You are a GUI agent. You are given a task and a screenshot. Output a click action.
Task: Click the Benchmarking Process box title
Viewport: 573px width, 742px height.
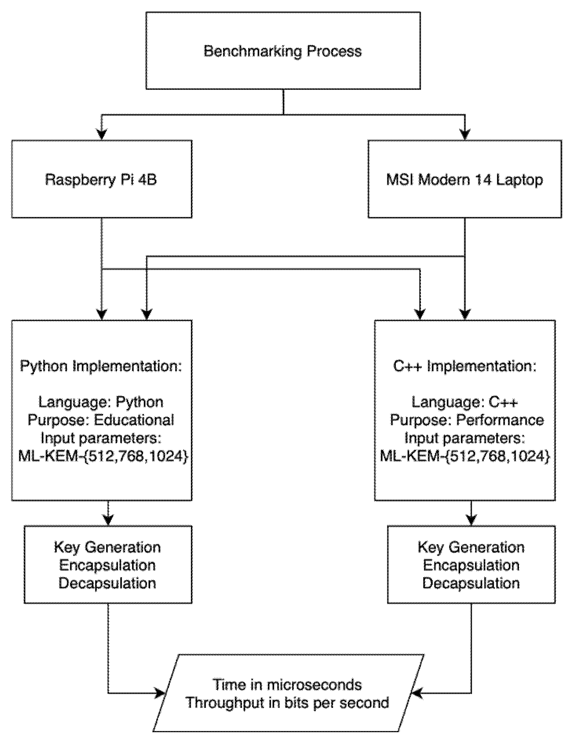click(x=283, y=51)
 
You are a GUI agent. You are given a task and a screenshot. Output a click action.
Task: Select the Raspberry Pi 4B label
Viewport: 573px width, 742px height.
click(x=101, y=180)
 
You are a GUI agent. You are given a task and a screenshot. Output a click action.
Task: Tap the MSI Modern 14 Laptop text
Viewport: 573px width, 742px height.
click(x=465, y=180)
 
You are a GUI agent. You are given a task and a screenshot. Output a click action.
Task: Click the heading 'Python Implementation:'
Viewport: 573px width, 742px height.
click(x=101, y=366)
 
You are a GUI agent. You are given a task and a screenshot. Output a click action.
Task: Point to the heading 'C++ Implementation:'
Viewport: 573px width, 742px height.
click(x=465, y=366)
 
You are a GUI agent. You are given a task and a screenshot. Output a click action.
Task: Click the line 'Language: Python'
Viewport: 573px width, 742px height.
click(x=101, y=402)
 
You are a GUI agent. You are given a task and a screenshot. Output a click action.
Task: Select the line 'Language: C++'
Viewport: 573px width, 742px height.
click(x=465, y=402)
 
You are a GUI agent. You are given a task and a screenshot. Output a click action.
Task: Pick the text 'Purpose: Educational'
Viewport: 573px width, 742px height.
click(x=101, y=420)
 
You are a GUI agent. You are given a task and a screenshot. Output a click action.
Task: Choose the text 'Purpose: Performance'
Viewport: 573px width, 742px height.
click(x=467, y=420)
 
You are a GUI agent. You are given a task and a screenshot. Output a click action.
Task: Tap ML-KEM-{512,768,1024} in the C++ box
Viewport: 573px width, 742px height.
click(x=465, y=456)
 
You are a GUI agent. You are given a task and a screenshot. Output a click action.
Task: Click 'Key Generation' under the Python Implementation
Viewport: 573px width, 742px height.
click(x=108, y=547)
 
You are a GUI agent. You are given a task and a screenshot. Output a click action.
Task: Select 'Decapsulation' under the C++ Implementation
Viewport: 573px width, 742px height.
click(x=471, y=583)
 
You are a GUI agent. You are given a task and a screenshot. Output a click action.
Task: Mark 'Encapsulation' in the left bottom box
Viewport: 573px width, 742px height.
click(x=108, y=565)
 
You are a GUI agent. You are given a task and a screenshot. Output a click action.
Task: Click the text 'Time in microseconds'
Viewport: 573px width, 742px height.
click(x=287, y=685)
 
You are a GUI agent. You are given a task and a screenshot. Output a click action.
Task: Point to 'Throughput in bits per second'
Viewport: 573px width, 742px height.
click(x=287, y=703)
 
